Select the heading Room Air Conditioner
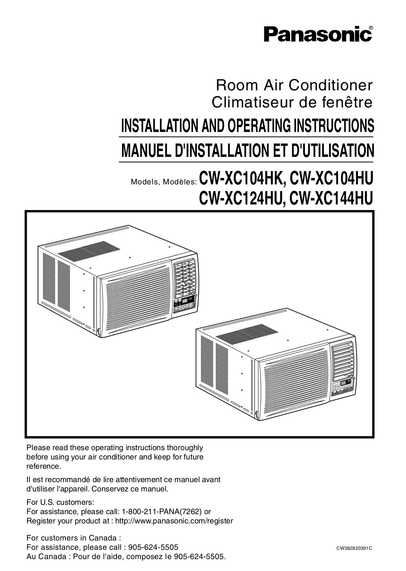click(294, 85)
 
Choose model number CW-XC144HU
click(332, 198)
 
